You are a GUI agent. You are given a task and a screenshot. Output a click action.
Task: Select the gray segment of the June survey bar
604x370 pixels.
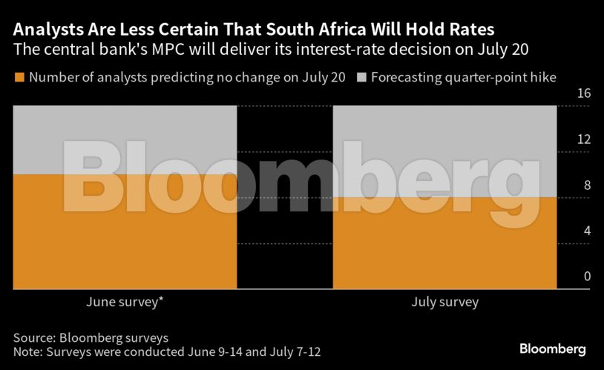point(125,139)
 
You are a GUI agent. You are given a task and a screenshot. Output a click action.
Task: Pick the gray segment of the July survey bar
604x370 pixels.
point(444,151)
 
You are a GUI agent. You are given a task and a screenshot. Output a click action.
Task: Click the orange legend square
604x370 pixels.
point(19,77)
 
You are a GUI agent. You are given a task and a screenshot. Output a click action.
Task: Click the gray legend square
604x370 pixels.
point(361,77)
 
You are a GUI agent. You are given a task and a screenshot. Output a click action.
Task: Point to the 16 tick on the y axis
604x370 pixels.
point(582,93)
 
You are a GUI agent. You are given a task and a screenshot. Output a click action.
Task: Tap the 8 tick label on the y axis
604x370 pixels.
point(586,185)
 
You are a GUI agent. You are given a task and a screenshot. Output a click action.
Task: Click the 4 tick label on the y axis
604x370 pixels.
point(586,231)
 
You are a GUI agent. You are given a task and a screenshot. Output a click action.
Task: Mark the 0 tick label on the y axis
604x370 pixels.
point(586,277)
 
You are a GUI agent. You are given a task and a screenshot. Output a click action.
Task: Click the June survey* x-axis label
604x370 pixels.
point(124,303)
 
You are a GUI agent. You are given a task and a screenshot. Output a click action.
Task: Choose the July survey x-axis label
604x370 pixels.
point(444,303)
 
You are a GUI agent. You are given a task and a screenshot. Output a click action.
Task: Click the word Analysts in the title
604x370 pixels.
point(46,30)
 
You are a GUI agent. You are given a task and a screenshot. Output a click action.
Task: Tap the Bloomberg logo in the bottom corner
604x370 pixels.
point(552,348)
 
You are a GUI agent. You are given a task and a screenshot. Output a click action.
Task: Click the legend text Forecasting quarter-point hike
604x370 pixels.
point(463,77)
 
